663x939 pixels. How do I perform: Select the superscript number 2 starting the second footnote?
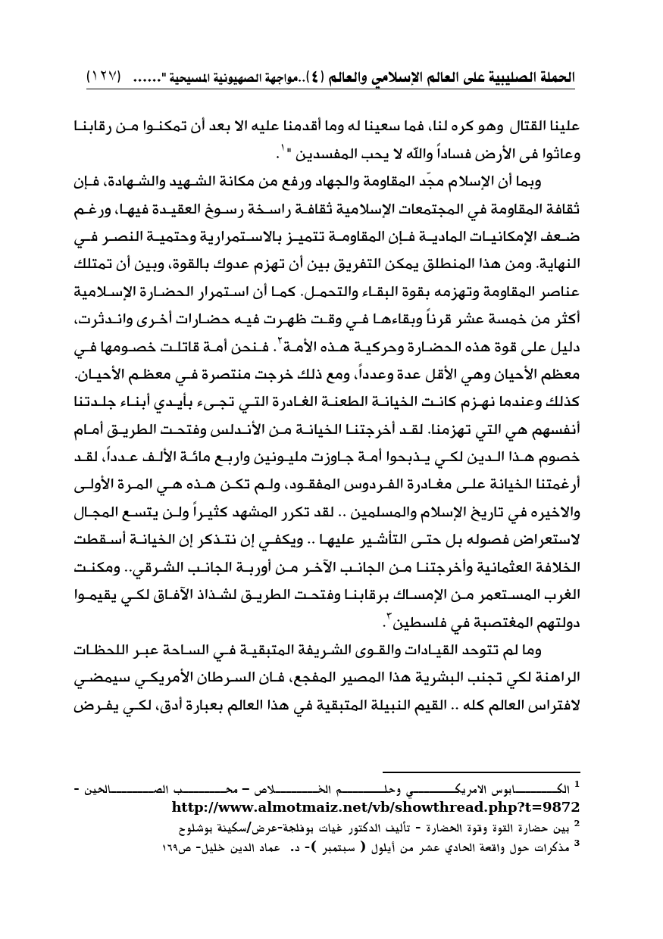[x=577, y=820]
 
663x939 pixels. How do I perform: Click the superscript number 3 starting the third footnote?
[x=577, y=840]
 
